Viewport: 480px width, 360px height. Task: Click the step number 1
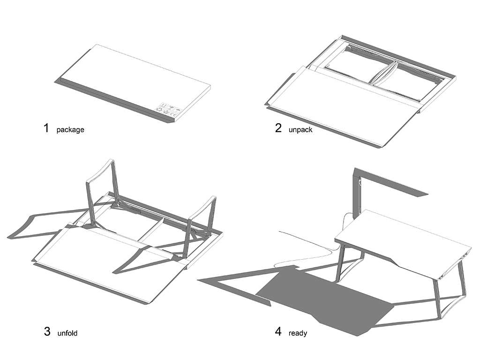click(x=46, y=128)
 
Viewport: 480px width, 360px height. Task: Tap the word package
click(x=70, y=130)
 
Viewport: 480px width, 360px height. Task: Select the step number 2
click(x=278, y=128)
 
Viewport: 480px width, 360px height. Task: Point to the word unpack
click(x=300, y=130)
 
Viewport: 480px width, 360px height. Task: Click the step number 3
click(x=47, y=332)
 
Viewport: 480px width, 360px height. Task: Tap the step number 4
click(x=278, y=332)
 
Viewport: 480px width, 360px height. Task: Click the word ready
click(x=298, y=334)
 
